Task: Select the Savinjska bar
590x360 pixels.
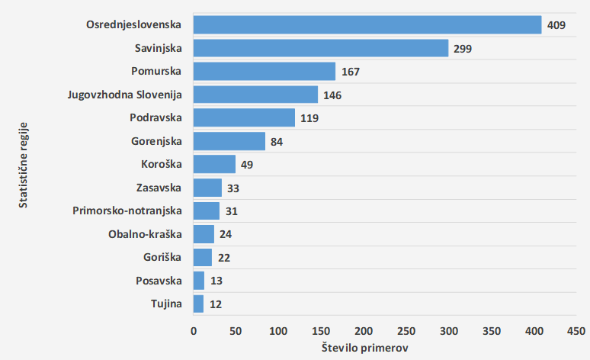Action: click(321, 49)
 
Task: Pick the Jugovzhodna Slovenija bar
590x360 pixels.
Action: click(255, 95)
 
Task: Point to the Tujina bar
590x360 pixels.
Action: click(198, 304)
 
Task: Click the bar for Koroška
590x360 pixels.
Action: click(214, 165)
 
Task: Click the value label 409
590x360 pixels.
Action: click(556, 26)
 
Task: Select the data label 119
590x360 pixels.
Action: click(309, 119)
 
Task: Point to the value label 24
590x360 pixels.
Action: click(226, 235)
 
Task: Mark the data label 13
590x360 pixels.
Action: click(216, 281)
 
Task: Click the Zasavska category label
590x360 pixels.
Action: click(159, 188)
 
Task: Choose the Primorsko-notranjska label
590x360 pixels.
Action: click(127, 211)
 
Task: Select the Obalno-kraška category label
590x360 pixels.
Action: click(146, 235)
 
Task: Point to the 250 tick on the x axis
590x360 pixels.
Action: click(406, 331)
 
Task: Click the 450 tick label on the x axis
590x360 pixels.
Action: click(576, 331)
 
